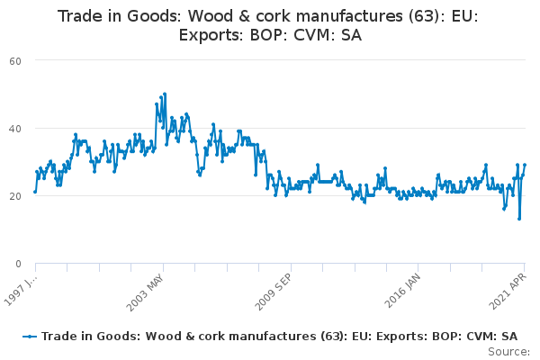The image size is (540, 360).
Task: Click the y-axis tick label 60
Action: pos(15,61)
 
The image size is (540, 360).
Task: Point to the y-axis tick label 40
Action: pos(15,129)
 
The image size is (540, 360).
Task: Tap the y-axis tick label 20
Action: pos(15,196)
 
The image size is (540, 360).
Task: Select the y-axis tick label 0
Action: pos(18,264)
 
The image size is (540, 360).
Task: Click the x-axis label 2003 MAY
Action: pos(145,292)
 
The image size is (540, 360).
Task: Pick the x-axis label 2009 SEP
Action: pos(273,292)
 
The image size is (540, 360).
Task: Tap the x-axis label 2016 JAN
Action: pos(402,291)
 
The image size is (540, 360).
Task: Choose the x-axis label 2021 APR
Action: pos(508,292)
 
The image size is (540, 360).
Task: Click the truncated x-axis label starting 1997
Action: pos(20,290)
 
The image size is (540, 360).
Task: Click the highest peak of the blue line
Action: pos(165,94)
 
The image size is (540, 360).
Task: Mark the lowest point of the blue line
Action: pos(519,219)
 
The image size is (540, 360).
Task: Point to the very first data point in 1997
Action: pos(35,192)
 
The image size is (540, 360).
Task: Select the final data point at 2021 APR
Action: pos(525,165)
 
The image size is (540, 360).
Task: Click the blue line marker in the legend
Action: pos(30,337)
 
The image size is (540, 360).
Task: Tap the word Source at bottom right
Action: pos(508,352)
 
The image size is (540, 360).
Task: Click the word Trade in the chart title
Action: pos(75,16)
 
